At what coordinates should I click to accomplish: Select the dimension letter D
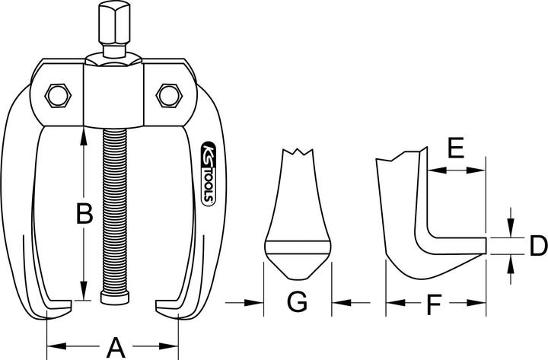click(537, 245)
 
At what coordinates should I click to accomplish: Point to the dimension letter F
click(433, 304)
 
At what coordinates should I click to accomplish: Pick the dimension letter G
click(298, 303)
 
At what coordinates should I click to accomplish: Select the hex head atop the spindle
click(109, 23)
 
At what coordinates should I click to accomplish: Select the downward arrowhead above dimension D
click(510, 229)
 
